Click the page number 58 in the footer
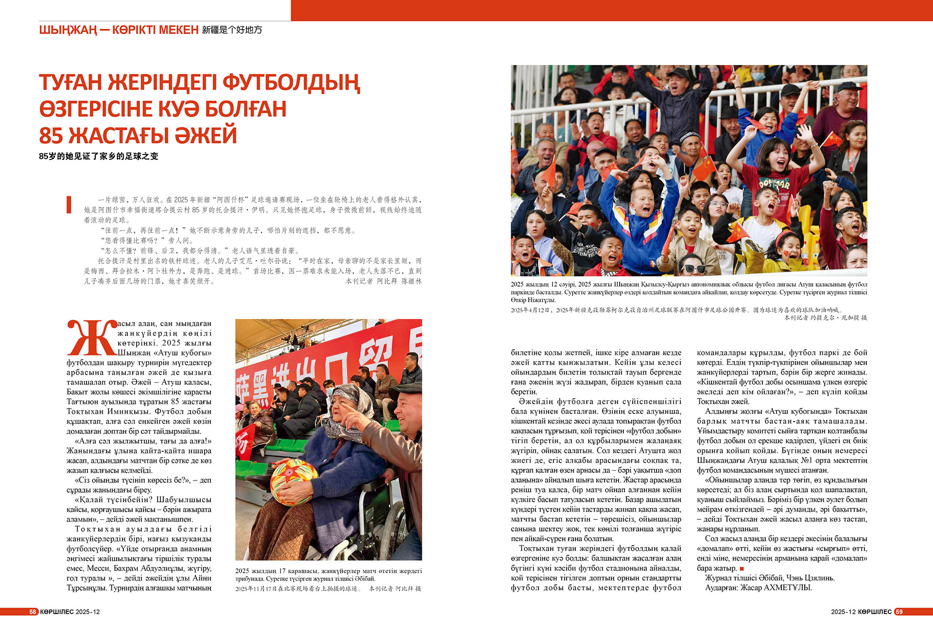(33, 612)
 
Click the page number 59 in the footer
(899, 612)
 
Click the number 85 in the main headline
(51, 136)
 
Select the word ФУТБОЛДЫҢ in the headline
(292, 83)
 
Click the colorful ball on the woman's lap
(294, 481)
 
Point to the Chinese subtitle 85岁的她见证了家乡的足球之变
(99, 156)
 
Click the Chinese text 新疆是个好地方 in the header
(232, 30)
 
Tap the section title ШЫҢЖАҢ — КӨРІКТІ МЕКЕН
(119, 30)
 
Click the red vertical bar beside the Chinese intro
(69, 205)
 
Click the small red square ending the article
(742, 568)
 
